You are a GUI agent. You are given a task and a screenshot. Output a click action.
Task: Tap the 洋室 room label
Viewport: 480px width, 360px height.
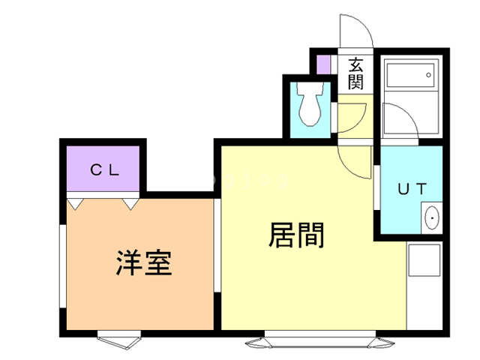point(144,262)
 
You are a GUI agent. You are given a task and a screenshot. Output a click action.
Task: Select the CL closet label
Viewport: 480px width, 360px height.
point(104,169)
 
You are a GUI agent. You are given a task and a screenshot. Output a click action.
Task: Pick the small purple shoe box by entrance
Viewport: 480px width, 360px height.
point(324,64)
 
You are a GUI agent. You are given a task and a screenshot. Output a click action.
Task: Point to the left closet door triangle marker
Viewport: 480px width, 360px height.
point(74,203)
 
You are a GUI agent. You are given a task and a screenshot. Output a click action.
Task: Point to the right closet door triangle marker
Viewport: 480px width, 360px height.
point(130,203)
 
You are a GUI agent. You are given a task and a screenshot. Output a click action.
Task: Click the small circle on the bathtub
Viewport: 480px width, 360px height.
point(428,75)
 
